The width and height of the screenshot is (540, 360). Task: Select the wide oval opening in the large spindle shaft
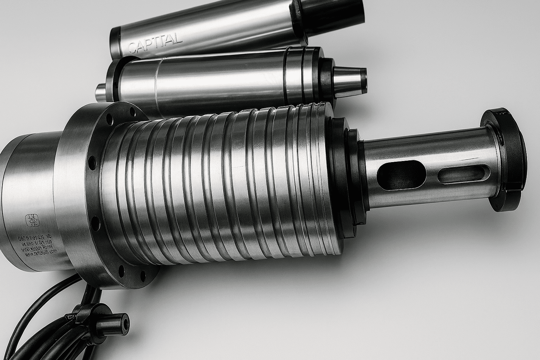(x=400, y=174)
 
